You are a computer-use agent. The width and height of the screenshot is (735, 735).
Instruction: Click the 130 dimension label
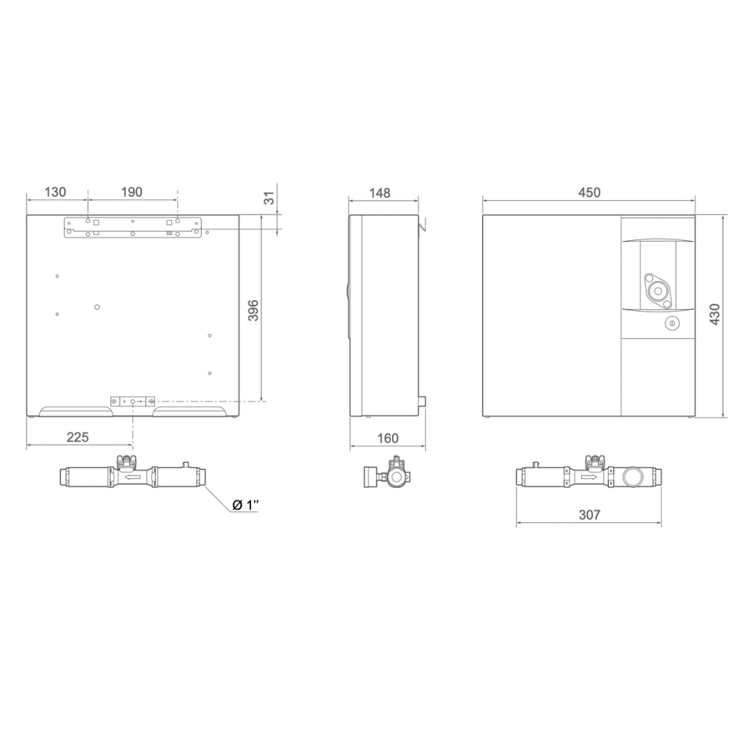[55, 192]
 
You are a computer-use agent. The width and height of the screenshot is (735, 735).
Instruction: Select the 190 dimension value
[132, 192]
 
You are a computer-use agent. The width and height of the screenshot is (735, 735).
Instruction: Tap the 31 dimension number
[269, 198]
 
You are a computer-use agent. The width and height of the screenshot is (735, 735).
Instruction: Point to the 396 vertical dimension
[253, 310]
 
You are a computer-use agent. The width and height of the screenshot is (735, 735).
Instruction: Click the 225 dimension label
[78, 438]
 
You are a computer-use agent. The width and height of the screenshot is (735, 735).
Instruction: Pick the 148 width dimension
[380, 193]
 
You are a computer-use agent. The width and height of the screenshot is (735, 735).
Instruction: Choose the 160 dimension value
[388, 438]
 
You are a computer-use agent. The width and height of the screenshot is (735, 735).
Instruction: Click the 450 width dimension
[589, 192]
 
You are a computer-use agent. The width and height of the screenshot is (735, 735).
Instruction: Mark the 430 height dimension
[715, 314]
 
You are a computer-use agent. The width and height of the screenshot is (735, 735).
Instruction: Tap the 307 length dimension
[589, 514]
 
